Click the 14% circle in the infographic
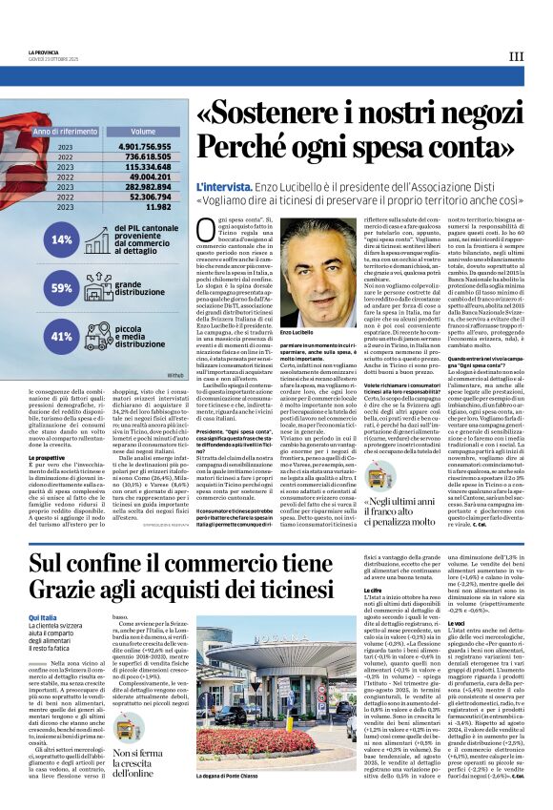coord(62,240)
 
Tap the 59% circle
coord(62,287)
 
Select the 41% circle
coord(62,336)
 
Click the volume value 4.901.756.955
coord(144,146)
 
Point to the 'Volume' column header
coord(143,131)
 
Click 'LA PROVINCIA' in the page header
coord(44,51)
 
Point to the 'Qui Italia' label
coord(43,592)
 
